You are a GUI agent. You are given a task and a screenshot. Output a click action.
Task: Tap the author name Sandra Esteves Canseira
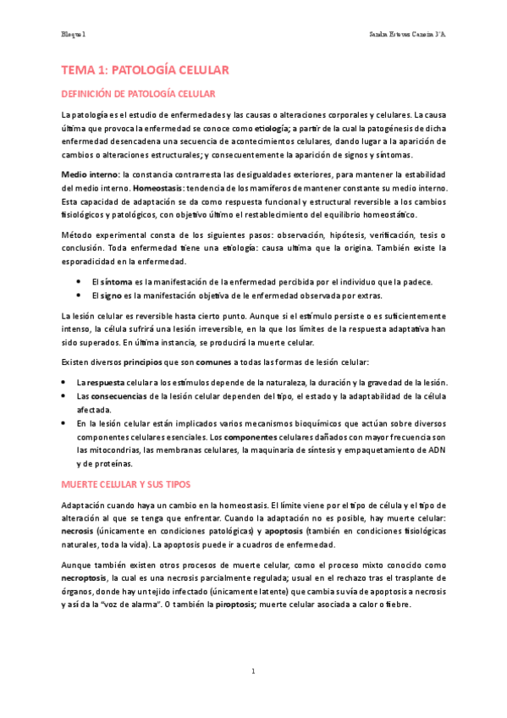(408, 34)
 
